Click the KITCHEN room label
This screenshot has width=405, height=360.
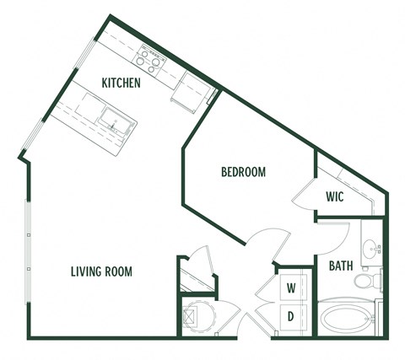pos(121,83)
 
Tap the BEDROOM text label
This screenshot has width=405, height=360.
pos(243,172)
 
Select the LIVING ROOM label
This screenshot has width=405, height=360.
pos(100,271)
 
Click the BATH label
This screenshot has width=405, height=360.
pos(340,266)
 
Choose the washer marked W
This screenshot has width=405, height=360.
pos(291,288)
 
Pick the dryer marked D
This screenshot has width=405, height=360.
pos(291,316)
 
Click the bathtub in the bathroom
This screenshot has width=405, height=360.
pos(346,320)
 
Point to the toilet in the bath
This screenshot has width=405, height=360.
pos(365,280)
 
